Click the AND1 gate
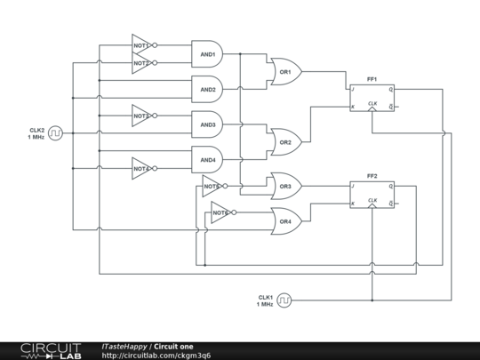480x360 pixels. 207,54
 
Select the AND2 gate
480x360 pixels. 207,89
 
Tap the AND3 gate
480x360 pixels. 207,124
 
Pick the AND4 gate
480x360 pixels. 207,159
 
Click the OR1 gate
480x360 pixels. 285,71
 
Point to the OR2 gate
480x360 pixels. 285,140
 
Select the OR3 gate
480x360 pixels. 285,186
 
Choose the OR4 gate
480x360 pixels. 285,220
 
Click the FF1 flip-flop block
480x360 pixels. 372,98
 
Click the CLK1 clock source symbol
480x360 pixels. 284,300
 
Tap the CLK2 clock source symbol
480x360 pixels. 55,133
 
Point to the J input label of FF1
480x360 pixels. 353,90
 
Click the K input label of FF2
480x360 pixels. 353,204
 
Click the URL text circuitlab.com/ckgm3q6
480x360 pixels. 156,356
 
